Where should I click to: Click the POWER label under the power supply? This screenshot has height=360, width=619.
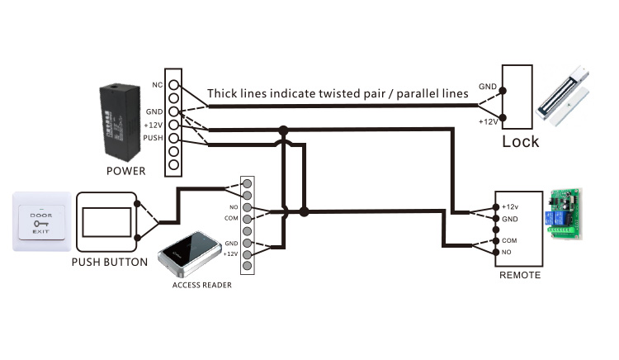pyautogui.click(x=125, y=172)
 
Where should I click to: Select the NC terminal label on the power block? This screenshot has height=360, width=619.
pyautogui.click(x=157, y=84)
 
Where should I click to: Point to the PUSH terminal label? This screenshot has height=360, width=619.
pyautogui.click(x=153, y=138)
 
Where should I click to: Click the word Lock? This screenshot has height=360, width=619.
pyautogui.click(x=520, y=141)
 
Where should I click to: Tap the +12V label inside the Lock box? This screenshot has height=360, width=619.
pyautogui.click(x=488, y=121)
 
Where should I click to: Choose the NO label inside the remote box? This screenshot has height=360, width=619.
pyautogui.click(x=508, y=251)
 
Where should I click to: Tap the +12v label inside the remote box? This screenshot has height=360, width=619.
pyautogui.click(x=512, y=206)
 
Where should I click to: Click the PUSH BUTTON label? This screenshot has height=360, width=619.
pyautogui.click(x=109, y=263)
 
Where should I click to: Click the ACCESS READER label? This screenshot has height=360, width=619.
pyautogui.click(x=201, y=286)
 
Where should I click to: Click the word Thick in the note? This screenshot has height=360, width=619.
pyautogui.click(x=224, y=93)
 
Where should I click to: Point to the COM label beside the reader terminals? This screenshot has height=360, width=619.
pyautogui.click(x=231, y=218)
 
